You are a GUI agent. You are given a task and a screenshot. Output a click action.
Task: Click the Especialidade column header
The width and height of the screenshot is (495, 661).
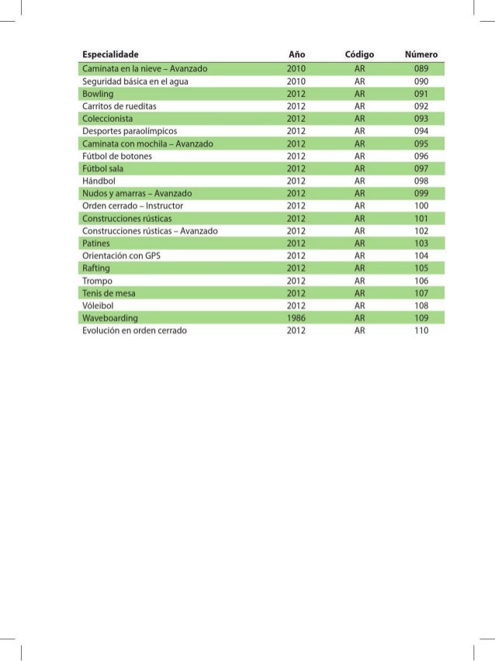[110, 54]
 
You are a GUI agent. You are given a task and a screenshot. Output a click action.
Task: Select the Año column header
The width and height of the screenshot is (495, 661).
[296, 54]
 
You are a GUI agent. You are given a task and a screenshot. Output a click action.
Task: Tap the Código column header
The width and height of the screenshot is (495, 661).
[359, 54]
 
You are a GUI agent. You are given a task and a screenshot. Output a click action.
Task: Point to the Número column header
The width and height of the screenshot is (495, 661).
[421, 54]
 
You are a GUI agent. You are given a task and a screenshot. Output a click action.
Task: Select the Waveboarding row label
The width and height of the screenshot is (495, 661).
[110, 318]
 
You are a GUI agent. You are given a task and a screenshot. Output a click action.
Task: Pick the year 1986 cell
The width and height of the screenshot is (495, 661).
[296, 318]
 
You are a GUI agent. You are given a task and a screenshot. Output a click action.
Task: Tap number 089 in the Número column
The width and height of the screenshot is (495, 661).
[421, 67]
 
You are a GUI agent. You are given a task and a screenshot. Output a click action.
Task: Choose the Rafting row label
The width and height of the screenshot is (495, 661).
[96, 268]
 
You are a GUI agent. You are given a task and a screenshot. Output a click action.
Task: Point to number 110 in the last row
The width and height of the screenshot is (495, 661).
[421, 330]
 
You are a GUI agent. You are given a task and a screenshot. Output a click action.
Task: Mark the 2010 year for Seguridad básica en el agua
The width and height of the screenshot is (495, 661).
[296, 80]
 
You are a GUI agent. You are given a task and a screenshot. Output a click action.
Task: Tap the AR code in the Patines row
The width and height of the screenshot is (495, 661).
[359, 243]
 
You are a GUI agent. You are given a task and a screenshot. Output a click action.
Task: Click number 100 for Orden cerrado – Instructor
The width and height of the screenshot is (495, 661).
[421, 205]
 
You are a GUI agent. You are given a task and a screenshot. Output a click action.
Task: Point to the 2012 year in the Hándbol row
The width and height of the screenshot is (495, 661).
[296, 180]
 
